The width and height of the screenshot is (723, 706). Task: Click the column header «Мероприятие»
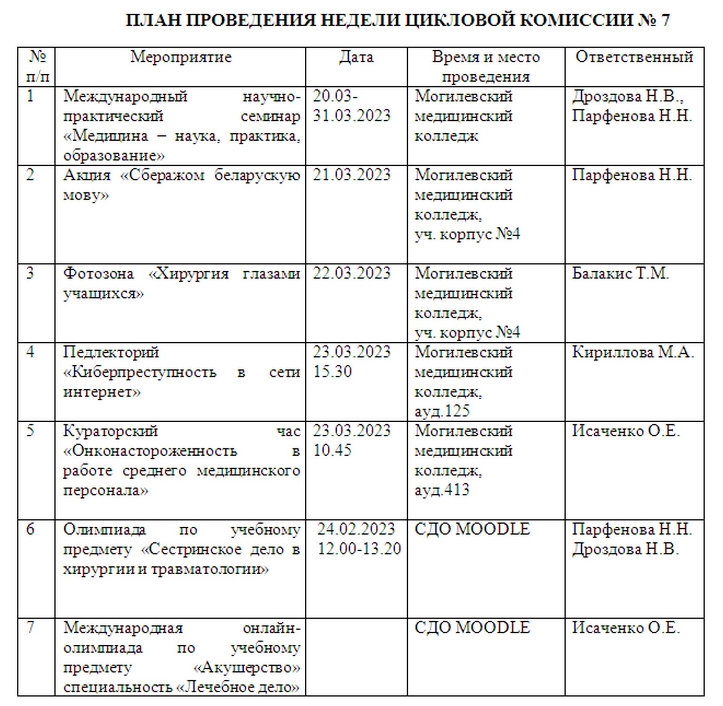(x=181, y=57)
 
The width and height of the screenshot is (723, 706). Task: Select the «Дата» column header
(x=356, y=57)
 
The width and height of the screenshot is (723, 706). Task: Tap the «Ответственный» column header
(x=634, y=57)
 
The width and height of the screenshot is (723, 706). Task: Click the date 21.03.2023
(x=352, y=175)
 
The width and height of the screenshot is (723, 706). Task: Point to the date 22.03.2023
(x=352, y=273)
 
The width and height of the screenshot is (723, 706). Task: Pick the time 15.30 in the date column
(x=333, y=372)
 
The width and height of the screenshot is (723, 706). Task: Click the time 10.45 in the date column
(x=333, y=450)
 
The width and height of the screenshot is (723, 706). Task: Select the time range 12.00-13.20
(x=359, y=549)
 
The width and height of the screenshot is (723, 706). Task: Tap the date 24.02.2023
(x=356, y=529)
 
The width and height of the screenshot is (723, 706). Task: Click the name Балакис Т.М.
(x=620, y=273)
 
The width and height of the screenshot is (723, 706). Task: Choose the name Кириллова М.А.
(x=633, y=352)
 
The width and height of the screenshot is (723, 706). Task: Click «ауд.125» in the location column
(x=442, y=411)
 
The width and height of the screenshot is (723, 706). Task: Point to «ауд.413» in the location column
(x=442, y=490)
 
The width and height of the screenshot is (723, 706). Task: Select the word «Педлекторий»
(x=111, y=352)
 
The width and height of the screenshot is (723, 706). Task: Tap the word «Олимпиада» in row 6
(x=105, y=529)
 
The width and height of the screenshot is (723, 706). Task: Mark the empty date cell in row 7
(x=356, y=657)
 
